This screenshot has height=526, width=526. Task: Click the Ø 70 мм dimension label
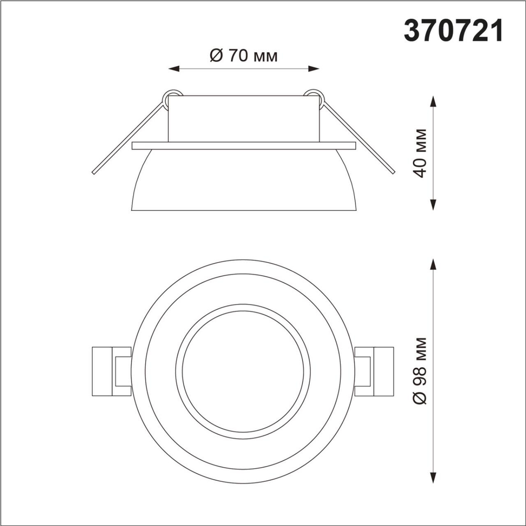[x=243, y=56]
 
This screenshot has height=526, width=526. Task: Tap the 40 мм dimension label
[x=420, y=153]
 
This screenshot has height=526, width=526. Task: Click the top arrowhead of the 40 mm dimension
[x=433, y=102]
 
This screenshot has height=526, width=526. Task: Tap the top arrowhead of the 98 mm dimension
[x=433, y=264]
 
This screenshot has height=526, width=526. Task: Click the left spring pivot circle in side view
[x=173, y=96]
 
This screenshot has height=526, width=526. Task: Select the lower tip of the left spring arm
[x=94, y=172]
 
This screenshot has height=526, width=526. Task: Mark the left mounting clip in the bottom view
[x=112, y=371]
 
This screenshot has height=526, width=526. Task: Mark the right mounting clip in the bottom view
[x=374, y=371]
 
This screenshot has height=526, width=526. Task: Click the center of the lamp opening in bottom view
[x=243, y=371]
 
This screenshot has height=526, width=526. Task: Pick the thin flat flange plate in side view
[x=244, y=146]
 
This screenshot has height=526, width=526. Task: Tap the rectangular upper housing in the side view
[x=244, y=119]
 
